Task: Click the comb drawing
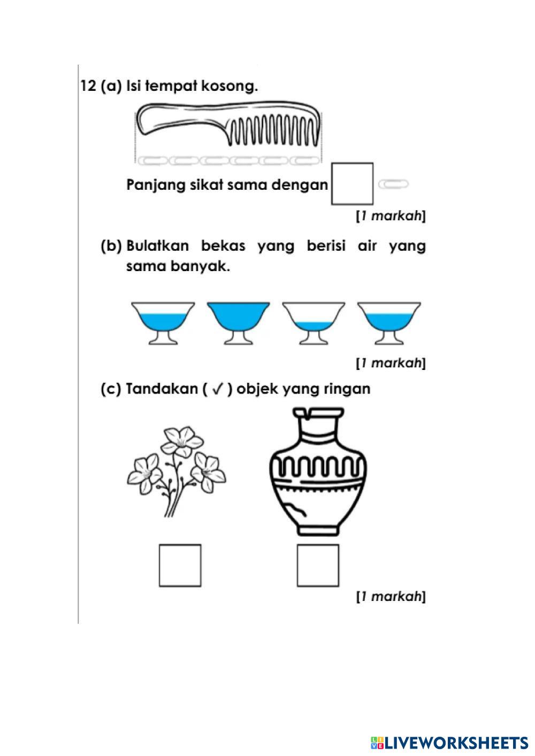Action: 229,126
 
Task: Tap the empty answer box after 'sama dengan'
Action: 352,184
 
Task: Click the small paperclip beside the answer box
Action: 393,184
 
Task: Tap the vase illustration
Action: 318,470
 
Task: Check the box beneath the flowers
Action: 180,565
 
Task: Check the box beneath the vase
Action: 318,565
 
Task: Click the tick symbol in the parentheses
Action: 217,389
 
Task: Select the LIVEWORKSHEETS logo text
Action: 455,743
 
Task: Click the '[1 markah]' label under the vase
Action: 391,596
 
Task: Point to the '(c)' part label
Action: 111,389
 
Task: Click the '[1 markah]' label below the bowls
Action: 391,363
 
